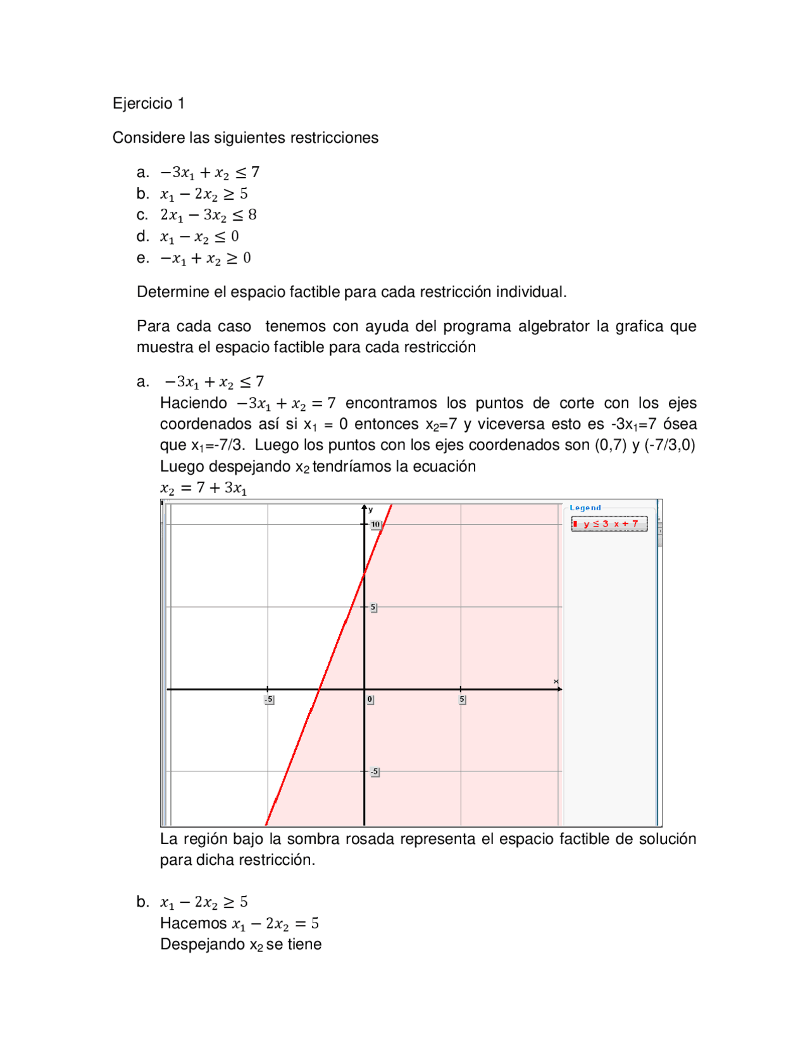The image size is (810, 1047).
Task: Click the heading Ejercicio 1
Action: pyautogui.click(x=148, y=103)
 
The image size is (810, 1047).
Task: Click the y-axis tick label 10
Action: pyautogui.click(x=376, y=524)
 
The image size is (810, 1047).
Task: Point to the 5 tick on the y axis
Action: pyautogui.click(x=373, y=607)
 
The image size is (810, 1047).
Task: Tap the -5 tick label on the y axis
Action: pyautogui.click(x=375, y=771)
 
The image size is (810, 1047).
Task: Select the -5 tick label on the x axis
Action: pyautogui.click(x=269, y=699)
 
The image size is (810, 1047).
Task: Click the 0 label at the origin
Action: pyautogui.click(x=370, y=699)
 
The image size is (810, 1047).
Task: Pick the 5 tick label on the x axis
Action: pyautogui.click(x=462, y=699)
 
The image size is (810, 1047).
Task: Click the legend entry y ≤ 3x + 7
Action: pyautogui.click(x=609, y=523)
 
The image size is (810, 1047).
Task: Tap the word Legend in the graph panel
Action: pyautogui.click(x=585, y=508)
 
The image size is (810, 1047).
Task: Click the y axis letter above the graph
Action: pyautogui.click(x=371, y=509)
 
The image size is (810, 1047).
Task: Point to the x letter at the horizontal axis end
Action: pyautogui.click(x=556, y=681)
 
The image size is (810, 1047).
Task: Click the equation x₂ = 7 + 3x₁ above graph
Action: pyautogui.click(x=203, y=487)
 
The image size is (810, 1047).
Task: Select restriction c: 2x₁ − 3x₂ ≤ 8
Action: pyautogui.click(x=208, y=215)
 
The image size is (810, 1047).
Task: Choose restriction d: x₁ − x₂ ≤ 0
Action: pyautogui.click(x=199, y=236)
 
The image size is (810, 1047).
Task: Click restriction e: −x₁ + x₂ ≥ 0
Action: pyautogui.click(x=206, y=258)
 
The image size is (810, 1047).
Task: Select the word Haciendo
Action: pyautogui.click(x=193, y=403)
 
